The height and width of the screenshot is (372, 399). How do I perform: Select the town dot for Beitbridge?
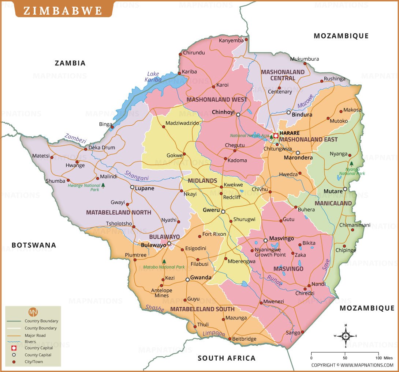click(230, 339)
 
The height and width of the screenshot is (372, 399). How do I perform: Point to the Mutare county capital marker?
click(345, 189)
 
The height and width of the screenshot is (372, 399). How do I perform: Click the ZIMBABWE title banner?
click(63, 10)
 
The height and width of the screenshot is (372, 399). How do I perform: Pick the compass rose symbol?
click(346, 335)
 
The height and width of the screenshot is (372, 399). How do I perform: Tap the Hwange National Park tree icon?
click(103, 186)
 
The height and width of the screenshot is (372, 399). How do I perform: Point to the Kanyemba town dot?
click(246, 39)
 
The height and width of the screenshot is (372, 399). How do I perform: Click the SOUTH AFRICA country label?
click(227, 358)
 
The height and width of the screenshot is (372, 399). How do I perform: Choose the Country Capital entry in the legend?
click(39, 348)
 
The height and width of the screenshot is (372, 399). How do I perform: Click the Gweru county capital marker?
click(223, 211)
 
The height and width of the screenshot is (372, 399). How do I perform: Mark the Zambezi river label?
click(75, 138)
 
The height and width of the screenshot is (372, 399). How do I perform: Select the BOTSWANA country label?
click(34, 245)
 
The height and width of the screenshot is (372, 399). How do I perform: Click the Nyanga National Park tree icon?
click(351, 164)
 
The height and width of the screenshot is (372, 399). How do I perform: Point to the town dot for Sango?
click(302, 332)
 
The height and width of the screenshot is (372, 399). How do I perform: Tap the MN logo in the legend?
click(33, 312)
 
